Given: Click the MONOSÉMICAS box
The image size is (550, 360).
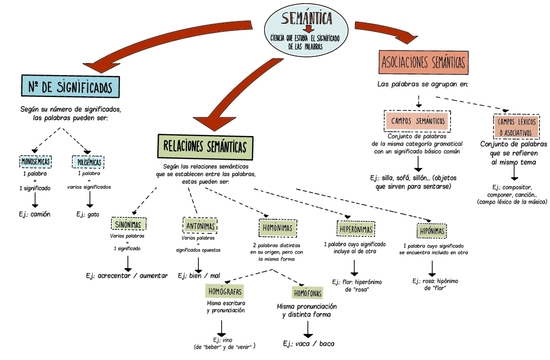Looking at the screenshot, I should [x=35, y=161].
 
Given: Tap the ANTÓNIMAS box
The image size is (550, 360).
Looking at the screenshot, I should [x=200, y=225].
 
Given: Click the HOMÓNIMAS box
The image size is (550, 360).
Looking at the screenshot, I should [x=274, y=227].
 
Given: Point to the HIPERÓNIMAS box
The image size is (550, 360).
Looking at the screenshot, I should [x=357, y=228].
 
